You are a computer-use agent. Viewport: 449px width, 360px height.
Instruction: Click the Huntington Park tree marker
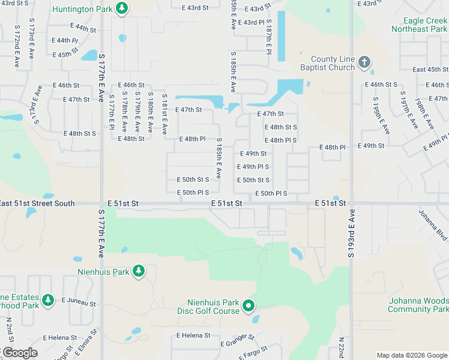pos(122,8)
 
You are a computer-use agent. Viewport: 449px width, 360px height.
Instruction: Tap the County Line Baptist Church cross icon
pos(364,61)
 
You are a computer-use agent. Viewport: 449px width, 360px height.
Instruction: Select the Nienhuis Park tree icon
pos(139,271)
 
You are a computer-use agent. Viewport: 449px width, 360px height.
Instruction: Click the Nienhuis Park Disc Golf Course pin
pos(248,307)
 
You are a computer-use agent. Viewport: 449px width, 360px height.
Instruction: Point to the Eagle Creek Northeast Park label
pos(419,25)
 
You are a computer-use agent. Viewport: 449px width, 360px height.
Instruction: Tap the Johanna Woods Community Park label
pos(418,305)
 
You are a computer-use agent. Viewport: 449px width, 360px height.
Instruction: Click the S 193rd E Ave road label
pos(351,234)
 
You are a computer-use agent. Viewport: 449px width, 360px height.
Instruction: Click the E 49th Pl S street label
pos(253,167)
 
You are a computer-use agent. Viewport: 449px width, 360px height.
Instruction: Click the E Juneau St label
pos(79,299)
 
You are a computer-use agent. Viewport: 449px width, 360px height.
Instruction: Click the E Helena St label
pos(193,335)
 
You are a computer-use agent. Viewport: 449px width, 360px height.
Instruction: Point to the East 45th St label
pos(430,70)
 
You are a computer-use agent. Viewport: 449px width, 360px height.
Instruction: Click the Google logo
pos(19,353)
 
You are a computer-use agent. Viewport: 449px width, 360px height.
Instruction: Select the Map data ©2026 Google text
pos(412,355)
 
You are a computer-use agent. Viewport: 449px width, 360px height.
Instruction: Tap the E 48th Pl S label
pos(280,140)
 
